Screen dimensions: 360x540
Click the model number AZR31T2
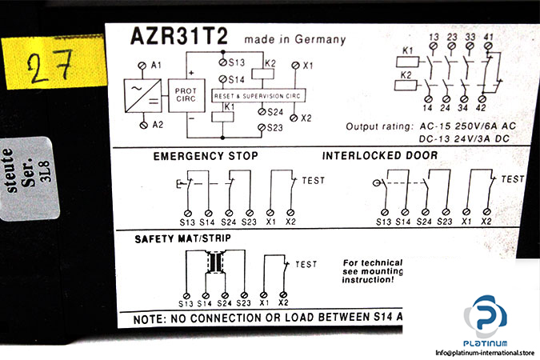click(x=169, y=38)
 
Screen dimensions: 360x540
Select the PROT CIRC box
click(x=179, y=94)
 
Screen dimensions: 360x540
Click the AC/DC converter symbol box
click(x=141, y=94)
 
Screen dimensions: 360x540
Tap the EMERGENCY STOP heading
click(x=206, y=155)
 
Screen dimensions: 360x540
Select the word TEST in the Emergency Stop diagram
click(x=314, y=181)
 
